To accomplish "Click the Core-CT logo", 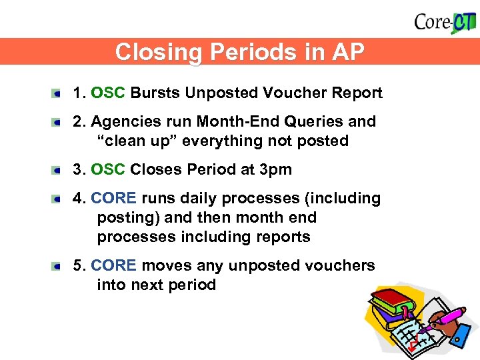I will (x=445, y=21).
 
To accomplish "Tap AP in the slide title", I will (x=347, y=52).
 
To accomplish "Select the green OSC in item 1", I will (x=107, y=93).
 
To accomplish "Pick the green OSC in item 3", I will (x=107, y=169).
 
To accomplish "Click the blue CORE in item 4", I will (x=113, y=198).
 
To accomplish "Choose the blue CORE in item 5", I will (x=113, y=265).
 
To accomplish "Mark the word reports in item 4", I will (x=285, y=237).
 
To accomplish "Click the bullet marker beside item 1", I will (x=59, y=93).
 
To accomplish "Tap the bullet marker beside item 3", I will (x=59, y=170).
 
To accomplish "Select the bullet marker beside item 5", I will (x=59, y=266).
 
